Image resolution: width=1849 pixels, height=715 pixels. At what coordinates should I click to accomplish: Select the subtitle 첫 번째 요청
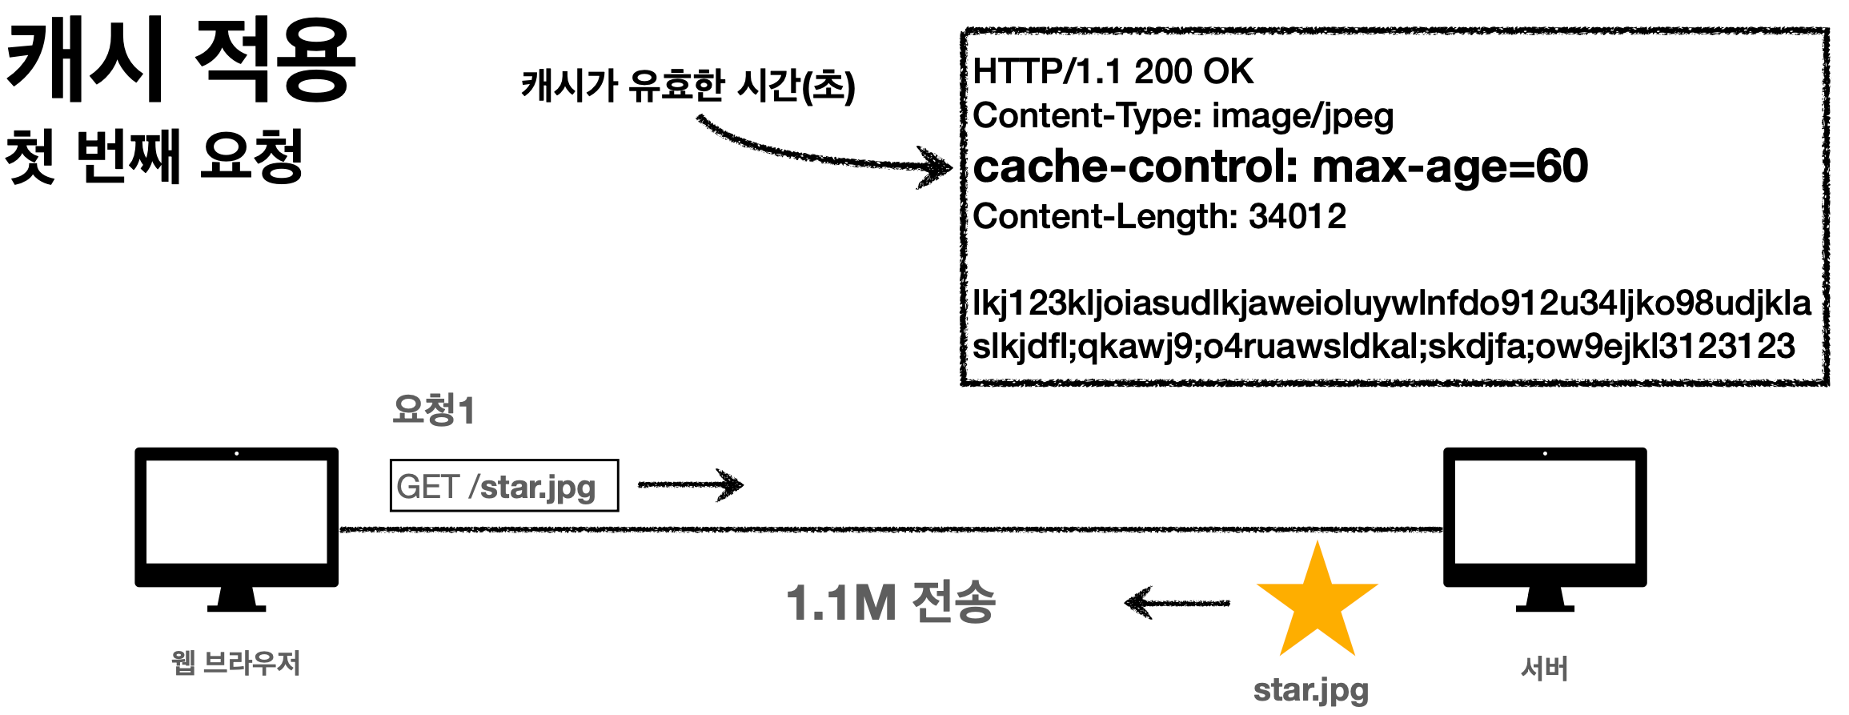[x=154, y=156]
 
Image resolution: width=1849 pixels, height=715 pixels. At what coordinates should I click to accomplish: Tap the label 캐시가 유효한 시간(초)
[x=688, y=85]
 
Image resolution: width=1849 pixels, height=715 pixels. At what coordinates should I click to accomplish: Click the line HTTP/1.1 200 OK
[x=1113, y=72]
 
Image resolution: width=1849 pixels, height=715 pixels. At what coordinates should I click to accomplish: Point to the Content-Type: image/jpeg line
[x=1183, y=117]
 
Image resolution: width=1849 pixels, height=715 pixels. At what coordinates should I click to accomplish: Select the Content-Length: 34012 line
[x=1159, y=216]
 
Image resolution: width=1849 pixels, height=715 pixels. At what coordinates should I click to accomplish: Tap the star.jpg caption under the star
[x=1311, y=689]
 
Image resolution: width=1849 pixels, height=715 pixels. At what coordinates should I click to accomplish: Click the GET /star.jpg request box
[x=504, y=485]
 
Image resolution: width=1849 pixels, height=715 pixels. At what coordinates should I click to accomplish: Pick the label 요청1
[x=434, y=410]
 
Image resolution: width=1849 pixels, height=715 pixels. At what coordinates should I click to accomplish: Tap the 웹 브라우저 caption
[x=236, y=663]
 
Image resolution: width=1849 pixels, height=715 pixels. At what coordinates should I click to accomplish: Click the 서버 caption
[x=1544, y=669]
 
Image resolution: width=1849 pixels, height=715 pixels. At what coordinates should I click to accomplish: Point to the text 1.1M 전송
[x=890, y=602]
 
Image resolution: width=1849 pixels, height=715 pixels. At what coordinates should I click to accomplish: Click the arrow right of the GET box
[x=690, y=484]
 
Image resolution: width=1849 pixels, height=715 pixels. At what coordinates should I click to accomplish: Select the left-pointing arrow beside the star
[x=1177, y=603]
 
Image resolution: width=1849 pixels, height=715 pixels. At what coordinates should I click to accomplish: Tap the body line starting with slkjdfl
[x=1383, y=346]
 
